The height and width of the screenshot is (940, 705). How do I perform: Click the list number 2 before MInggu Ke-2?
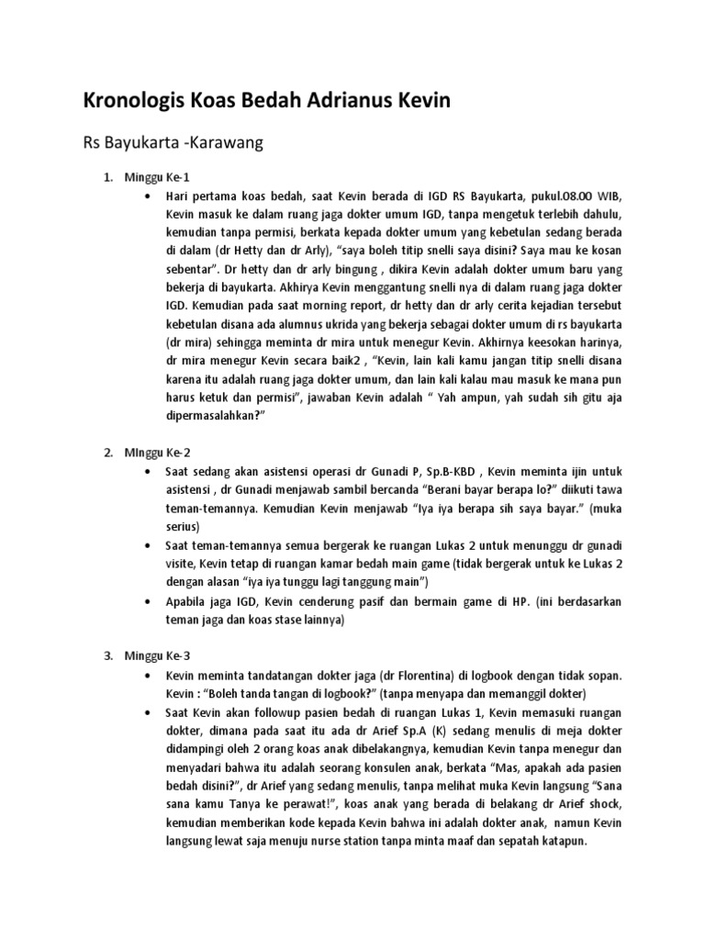click(107, 453)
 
